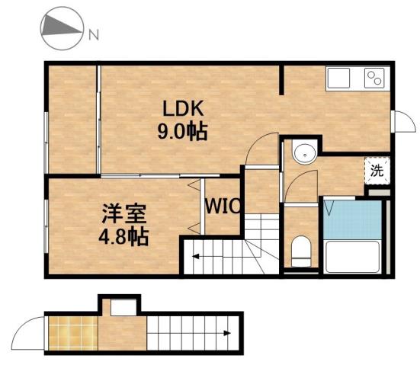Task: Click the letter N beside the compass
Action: coord(93,34)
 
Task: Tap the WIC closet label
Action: coord(223,206)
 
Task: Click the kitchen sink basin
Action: coord(339,78)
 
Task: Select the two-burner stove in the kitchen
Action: coord(374,78)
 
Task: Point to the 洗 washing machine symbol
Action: coord(377,171)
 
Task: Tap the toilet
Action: coord(301,249)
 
